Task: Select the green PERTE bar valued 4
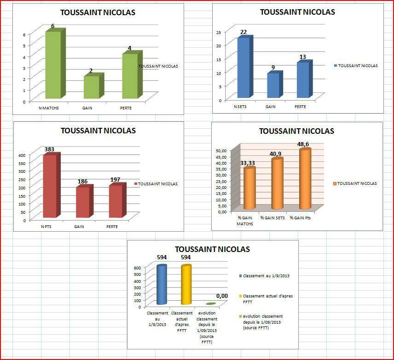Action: [130, 76]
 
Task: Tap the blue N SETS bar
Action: [243, 68]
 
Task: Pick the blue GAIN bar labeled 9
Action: [272, 86]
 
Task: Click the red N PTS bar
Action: [50, 186]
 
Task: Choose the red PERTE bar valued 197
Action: [116, 201]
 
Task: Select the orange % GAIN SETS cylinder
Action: [277, 183]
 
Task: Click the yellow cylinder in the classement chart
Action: [185, 285]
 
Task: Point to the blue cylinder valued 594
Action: [162, 285]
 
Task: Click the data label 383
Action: [50, 149]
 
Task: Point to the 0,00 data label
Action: [222, 296]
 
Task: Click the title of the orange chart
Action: [296, 131]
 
